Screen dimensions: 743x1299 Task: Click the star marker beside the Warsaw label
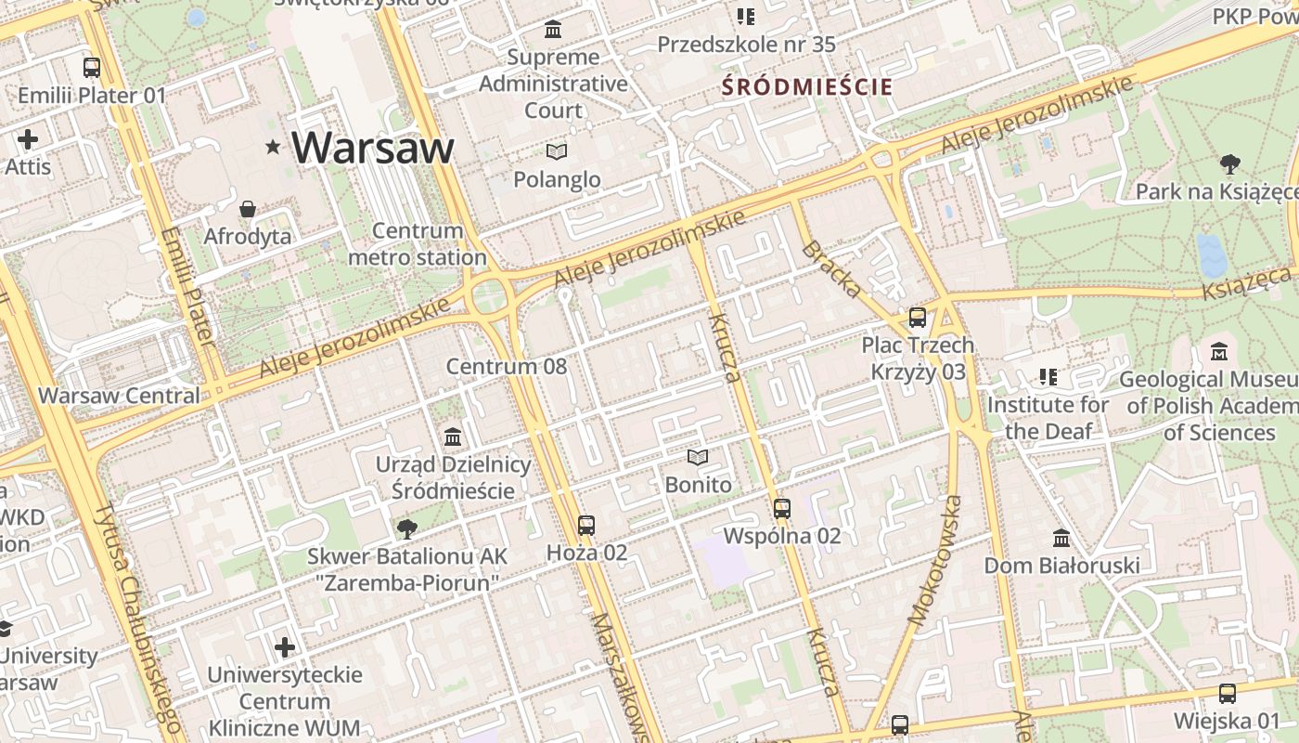273,147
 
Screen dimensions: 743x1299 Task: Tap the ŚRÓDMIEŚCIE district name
807,87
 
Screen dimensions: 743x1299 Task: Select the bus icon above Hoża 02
585,526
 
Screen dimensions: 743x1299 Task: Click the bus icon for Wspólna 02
782,508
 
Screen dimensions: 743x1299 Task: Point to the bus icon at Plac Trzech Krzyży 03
918,318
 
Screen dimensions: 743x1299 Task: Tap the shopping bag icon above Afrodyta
248,209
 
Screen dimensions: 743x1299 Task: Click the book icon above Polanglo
556,151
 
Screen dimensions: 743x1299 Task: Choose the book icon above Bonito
698,457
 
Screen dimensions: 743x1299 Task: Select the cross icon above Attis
28,140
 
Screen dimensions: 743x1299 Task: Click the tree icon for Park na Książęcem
1230,164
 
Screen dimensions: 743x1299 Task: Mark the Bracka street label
831,269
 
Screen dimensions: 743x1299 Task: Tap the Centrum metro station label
417,244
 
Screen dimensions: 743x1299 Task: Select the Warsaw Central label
119,395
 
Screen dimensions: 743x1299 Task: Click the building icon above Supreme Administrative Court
554,30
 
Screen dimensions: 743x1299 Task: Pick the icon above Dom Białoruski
1061,538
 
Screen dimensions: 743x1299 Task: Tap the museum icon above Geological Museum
1219,352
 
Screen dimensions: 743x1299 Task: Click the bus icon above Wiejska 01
1227,693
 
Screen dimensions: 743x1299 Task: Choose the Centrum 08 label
506,366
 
